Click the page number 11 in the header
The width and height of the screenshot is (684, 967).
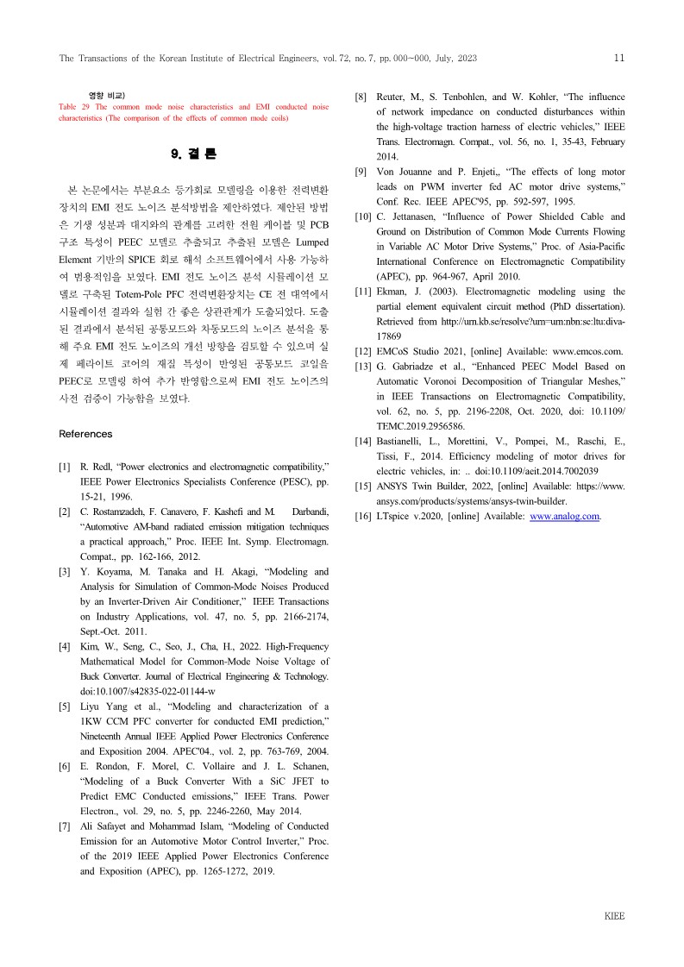(618, 58)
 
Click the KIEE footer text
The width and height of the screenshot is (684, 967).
(613, 916)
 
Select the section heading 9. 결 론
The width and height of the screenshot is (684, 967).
(194, 154)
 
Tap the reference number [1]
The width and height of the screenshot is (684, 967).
(65, 468)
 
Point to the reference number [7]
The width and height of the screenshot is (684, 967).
(65, 826)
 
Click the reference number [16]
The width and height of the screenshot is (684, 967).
(363, 517)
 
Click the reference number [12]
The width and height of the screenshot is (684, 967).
(363, 351)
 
